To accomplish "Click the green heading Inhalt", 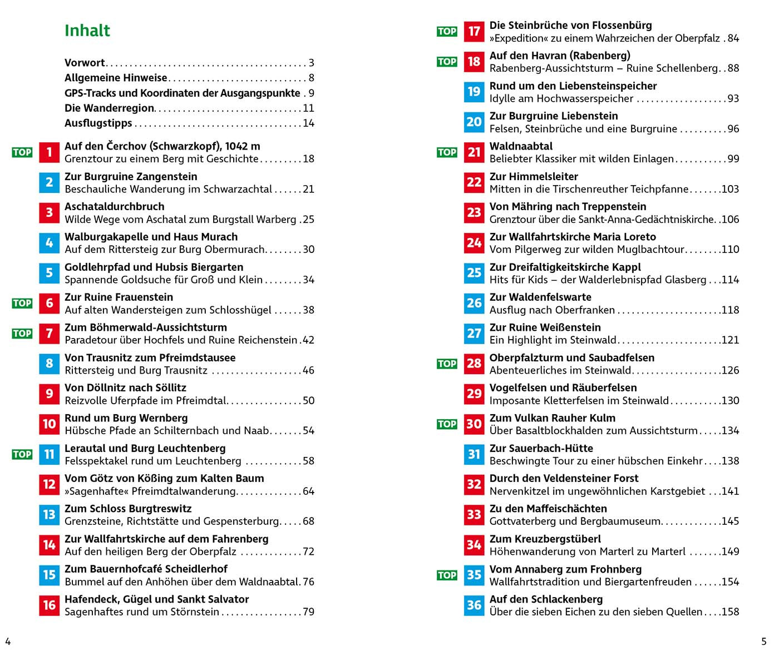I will [x=87, y=31].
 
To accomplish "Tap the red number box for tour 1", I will [x=49, y=152].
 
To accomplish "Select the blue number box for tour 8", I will [x=49, y=364].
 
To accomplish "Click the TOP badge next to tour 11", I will [x=22, y=454].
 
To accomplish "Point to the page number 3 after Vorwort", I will [x=312, y=63].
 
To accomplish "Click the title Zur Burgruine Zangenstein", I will [x=131, y=177].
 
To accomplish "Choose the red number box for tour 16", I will [x=49, y=605].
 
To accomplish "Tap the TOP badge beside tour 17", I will [x=447, y=32].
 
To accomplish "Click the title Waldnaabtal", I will [x=521, y=146].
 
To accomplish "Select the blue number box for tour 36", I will [x=474, y=605].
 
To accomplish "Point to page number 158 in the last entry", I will [x=730, y=612].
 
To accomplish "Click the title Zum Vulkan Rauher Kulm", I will [x=552, y=418].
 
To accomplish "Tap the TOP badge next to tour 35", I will [x=447, y=575].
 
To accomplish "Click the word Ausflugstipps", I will [x=98, y=123].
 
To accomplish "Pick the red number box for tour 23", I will [x=474, y=212].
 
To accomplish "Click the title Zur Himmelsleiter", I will [x=534, y=177].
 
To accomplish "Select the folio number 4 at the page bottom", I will [x=8, y=641].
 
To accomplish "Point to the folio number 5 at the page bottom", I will [x=764, y=641].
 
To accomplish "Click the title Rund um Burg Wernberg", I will [x=126, y=418].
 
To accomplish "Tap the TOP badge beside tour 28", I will [x=447, y=364].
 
